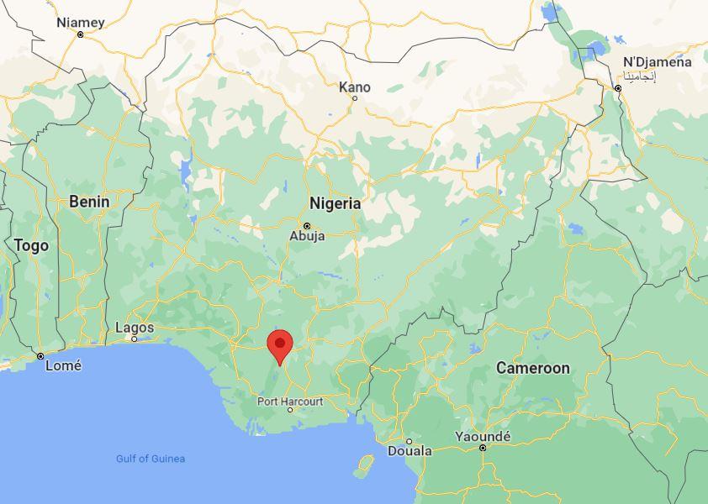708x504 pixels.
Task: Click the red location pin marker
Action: (x=280, y=345)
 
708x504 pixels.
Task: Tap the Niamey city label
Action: (x=81, y=23)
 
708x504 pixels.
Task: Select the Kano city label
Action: (x=354, y=87)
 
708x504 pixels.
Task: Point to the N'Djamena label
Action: (x=657, y=62)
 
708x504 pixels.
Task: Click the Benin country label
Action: (x=89, y=202)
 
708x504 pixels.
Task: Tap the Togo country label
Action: (x=31, y=245)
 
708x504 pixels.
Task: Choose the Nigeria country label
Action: (x=335, y=203)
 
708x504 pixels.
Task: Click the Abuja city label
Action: (x=307, y=236)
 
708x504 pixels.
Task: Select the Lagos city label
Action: (x=135, y=328)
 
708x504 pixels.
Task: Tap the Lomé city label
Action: (x=63, y=365)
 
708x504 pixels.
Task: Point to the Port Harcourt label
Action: (x=290, y=401)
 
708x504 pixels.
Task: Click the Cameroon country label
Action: (x=532, y=368)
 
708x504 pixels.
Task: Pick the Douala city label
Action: (x=409, y=451)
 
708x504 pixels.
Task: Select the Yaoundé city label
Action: (x=483, y=437)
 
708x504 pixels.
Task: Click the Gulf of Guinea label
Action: (x=151, y=459)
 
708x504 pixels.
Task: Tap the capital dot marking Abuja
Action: (x=307, y=226)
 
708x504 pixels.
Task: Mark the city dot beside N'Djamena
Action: (x=618, y=88)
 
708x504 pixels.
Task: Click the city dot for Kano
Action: (x=355, y=98)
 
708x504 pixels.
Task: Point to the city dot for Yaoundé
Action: (x=483, y=448)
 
